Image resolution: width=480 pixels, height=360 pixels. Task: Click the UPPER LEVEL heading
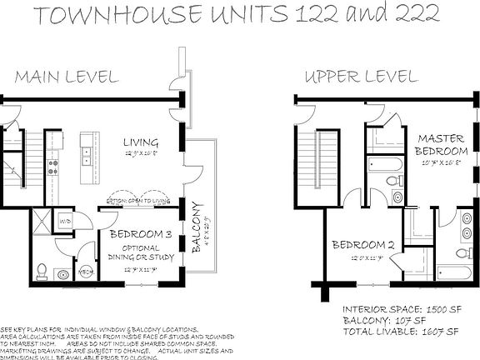click(x=360, y=77)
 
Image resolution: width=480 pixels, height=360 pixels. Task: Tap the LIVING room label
click(x=134, y=142)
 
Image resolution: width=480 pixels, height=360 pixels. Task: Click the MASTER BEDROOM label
click(x=442, y=145)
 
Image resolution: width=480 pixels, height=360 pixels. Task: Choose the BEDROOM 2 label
click(x=362, y=245)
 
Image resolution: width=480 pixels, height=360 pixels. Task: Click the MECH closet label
click(x=84, y=272)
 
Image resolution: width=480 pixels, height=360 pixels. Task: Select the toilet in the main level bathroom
click(x=42, y=270)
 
